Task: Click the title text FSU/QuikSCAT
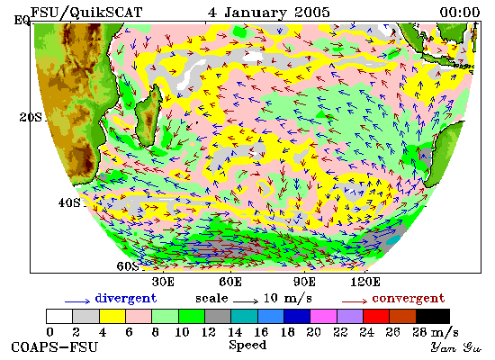tap(86, 13)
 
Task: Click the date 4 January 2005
tap(269, 13)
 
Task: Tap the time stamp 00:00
tap(460, 13)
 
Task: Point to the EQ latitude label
tap(22, 21)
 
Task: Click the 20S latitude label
tap(31, 118)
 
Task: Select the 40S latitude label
tap(69, 202)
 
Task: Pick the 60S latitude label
tap(128, 266)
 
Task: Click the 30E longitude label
tap(163, 282)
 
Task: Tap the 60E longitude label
tap(230, 282)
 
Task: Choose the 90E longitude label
tap(304, 282)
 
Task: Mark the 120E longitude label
tap(365, 282)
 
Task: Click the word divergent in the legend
tap(126, 299)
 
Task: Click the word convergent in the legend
tap(409, 298)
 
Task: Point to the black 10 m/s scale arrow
tap(246, 301)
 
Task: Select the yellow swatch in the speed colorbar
tap(112, 317)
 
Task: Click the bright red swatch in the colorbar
tap(376, 317)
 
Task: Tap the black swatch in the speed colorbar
tap(433, 317)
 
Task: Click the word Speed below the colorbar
tap(247, 346)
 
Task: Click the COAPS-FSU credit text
tap(55, 347)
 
